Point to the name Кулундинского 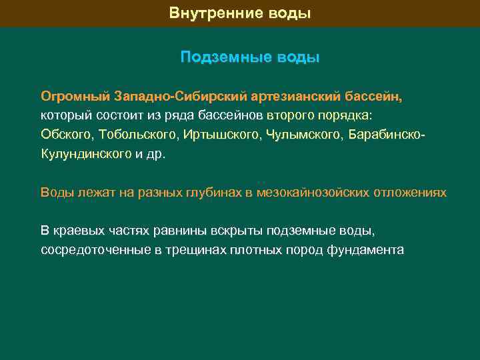[86, 154]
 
